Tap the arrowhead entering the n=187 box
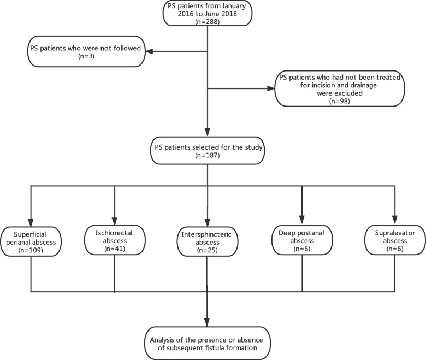(208, 133)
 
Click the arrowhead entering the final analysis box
(208, 323)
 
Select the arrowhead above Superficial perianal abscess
(32, 221)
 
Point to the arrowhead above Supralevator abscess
(393, 221)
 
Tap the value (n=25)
(208, 251)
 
